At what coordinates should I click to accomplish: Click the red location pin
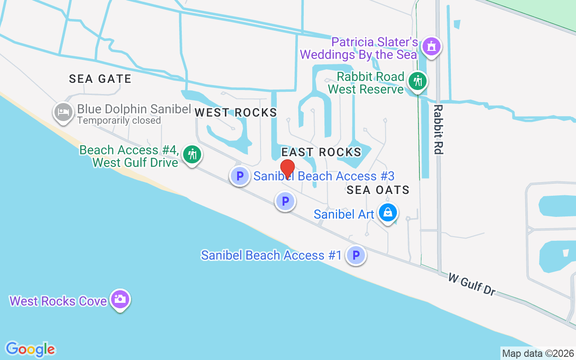pyautogui.click(x=288, y=169)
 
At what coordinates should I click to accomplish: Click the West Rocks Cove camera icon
pyautogui.click(x=120, y=299)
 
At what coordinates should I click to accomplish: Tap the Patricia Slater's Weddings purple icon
pyautogui.click(x=432, y=46)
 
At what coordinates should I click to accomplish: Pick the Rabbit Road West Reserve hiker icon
pyautogui.click(x=418, y=81)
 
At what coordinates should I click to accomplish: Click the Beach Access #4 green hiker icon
pyautogui.click(x=193, y=154)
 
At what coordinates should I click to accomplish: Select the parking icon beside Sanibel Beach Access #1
pyautogui.click(x=356, y=256)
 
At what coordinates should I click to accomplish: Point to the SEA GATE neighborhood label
pyautogui.click(x=100, y=79)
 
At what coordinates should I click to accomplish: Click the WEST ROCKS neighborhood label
pyautogui.click(x=235, y=112)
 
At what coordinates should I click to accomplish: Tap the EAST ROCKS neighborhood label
pyautogui.click(x=321, y=152)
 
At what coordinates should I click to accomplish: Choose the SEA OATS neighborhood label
pyautogui.click(x=378, y=190)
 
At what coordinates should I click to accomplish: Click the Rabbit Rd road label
pyautogui.click(x=438, y=130)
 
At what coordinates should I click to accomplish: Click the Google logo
pyautogui.click(x=30, y=349)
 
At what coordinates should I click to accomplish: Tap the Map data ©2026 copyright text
pyautogui.click(x=538, y=353)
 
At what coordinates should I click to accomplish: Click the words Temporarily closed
pyautogui.click(x=119, y=121)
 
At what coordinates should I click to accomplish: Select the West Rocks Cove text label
pyautogui.click(x=58, y=301)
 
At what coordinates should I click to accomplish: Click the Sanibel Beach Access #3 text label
pyautogui.click(x=324, y=176)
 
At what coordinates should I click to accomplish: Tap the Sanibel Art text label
pyautogui.click(x=344, y=214)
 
